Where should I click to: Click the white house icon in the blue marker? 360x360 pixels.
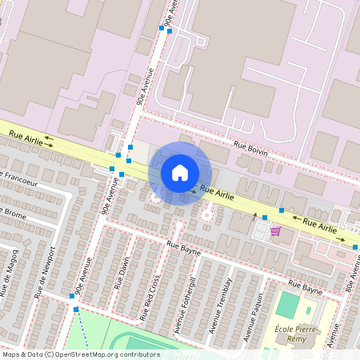click(180, 172)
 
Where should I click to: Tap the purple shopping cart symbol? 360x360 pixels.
click(275, 231)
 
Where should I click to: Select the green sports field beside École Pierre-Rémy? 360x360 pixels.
click(287, 306)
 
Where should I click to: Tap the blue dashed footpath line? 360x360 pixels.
click(80, 329)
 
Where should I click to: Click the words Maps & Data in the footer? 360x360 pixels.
click(22, 354)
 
